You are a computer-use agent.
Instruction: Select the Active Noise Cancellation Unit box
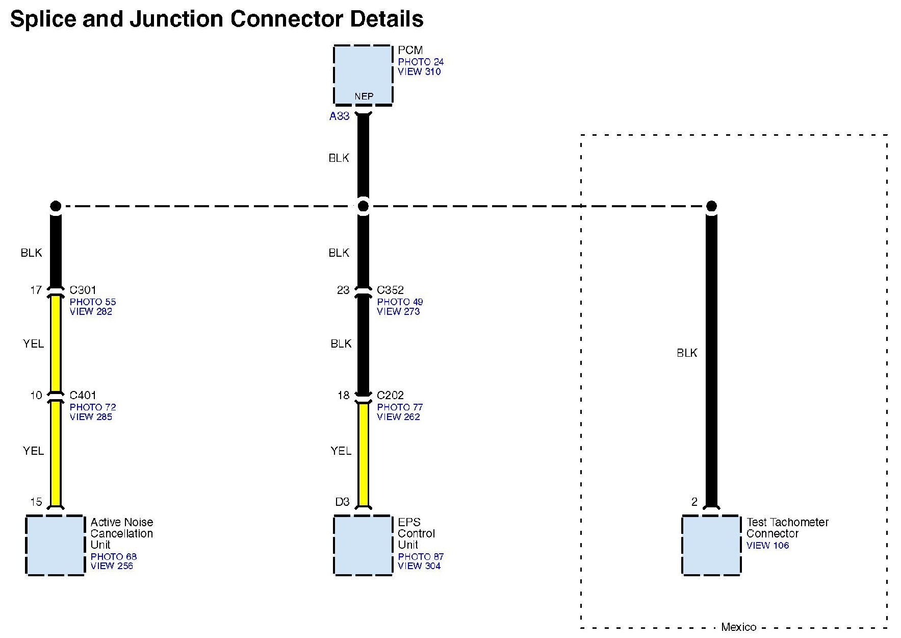(55, 545)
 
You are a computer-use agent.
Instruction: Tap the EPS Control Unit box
(363, 545)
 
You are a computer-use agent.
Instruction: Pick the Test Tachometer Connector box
(711, 545)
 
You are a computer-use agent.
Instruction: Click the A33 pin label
(339, 116)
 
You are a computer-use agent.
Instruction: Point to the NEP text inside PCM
(364, 96)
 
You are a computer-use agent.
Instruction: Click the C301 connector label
(83, 290)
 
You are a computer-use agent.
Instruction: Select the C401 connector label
(83, 395)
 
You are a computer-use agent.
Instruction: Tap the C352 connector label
(390, 290)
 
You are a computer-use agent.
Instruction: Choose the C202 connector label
(390, 395)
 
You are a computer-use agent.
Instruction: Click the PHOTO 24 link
(421, 62)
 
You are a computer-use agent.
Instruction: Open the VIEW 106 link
(767, 545)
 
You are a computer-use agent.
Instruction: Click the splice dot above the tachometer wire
(711, 206)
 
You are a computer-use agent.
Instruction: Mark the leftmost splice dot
(56, 206)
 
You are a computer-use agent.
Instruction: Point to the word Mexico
(738, 627)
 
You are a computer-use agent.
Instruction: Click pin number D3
(342, 502)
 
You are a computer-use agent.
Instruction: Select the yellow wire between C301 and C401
(56, 343)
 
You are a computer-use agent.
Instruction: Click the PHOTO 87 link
(421, 556)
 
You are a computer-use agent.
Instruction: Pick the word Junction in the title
(176, 19)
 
